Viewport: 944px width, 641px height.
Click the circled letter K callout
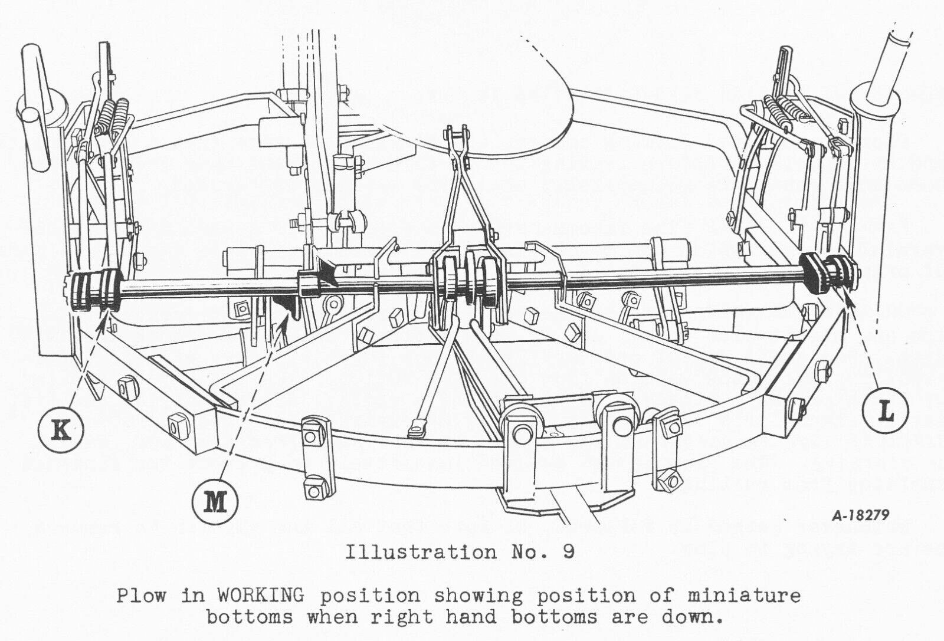[x=61, y=430]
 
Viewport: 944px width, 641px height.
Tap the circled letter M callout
[x=215, y=502]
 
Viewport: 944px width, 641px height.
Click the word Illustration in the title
[x=421, y=552]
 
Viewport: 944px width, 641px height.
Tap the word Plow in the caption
[x=141, y=596]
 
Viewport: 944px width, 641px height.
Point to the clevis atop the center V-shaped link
[x=457, y=139]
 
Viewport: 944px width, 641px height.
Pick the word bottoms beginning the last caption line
[x=250, y=617]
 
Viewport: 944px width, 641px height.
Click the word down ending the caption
[x=690, y=617]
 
